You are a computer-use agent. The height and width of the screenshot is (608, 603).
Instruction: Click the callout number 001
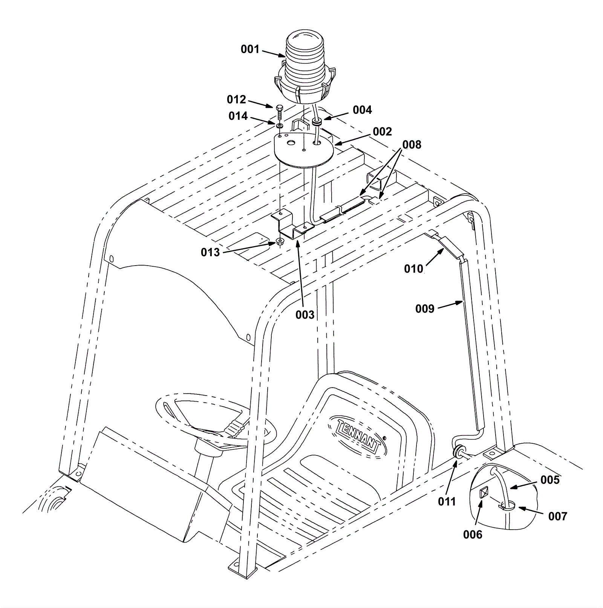[x=250, y=49]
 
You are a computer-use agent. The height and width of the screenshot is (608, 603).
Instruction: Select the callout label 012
[x=236, y=99]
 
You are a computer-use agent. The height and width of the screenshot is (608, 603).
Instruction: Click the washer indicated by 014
[x=280, y=125]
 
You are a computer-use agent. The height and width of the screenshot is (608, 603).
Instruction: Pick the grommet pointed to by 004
[x=316, y=121]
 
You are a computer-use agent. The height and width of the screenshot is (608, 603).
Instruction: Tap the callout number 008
[x=412, y=145]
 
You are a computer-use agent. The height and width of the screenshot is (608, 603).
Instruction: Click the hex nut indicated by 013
[x=280, y=242]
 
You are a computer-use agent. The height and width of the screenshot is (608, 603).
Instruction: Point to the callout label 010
[x=413, y=269]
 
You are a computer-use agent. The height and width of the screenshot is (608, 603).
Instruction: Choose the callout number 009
[x=425, y=309]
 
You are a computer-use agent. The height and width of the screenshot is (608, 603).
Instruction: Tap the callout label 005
[x=550, y=480]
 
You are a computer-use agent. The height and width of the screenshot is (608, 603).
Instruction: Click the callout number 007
[x=557, y=516]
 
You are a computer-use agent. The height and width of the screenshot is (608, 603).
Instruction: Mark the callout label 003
[x=305, y=315]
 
